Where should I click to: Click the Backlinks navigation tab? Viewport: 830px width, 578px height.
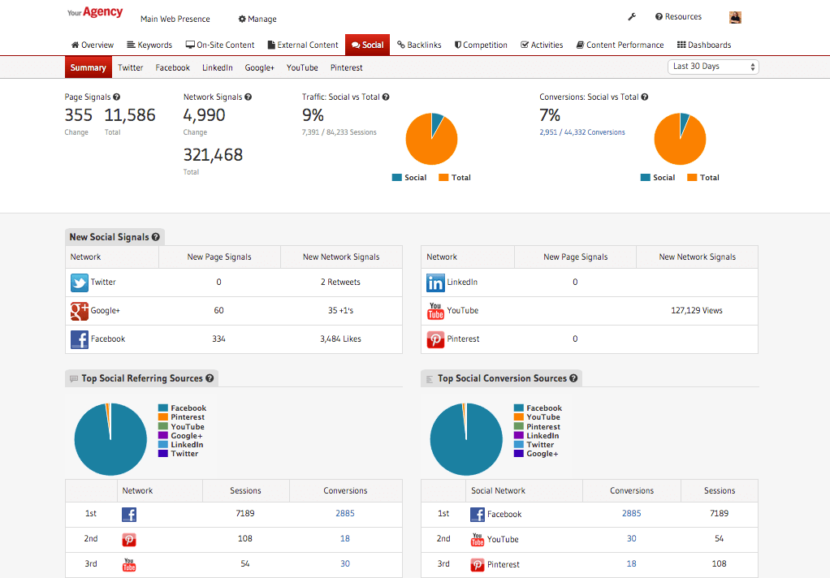418,45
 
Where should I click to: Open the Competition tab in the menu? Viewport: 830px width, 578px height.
481,45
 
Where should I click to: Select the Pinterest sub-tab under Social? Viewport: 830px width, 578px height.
347,68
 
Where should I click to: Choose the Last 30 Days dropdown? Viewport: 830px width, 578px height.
714,67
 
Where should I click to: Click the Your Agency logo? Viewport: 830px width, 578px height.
95,13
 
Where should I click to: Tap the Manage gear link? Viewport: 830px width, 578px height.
257,19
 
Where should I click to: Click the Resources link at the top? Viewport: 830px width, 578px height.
678,17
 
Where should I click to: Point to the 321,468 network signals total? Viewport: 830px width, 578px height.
213,154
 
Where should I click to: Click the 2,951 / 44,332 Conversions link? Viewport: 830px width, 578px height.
582,132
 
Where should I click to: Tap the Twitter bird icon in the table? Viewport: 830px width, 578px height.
79,283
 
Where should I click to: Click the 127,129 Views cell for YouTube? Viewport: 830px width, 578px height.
696,311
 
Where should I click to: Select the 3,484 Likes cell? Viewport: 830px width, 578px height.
340,339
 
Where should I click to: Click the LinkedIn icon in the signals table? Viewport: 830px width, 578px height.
435,283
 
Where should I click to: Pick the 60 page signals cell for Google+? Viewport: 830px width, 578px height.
218,311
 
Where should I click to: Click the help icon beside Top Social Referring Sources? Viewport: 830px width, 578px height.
210,378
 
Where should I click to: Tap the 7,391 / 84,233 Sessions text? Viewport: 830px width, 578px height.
339,132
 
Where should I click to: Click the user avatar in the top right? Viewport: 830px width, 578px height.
735,17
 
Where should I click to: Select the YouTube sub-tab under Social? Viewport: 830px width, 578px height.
302,68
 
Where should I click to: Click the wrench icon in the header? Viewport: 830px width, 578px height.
632,17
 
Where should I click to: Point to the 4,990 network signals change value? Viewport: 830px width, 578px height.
204,115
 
